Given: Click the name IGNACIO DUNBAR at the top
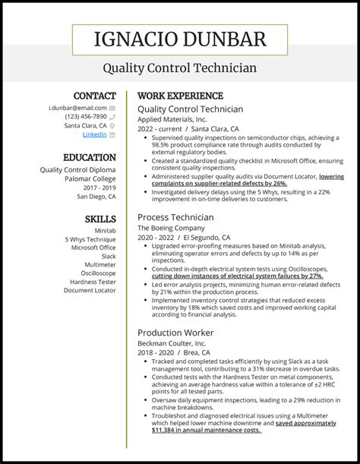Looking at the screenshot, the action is point(180,39).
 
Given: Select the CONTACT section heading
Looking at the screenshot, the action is point(94,96).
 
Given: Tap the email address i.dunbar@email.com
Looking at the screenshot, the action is point(78,109).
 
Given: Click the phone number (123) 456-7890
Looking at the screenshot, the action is point(85,117).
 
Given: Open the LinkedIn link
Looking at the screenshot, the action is point(94,134).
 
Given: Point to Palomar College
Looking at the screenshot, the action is point(90,178).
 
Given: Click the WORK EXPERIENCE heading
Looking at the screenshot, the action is point(180,96).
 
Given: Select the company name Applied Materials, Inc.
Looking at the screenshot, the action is point(172,119).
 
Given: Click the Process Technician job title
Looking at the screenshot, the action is point(175,217).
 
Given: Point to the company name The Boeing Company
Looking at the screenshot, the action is point(171,228).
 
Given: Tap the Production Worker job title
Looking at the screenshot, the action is point(175,333).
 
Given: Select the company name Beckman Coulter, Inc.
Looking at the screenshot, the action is point(172,343).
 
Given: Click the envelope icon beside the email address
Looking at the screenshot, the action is point(112,109).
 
